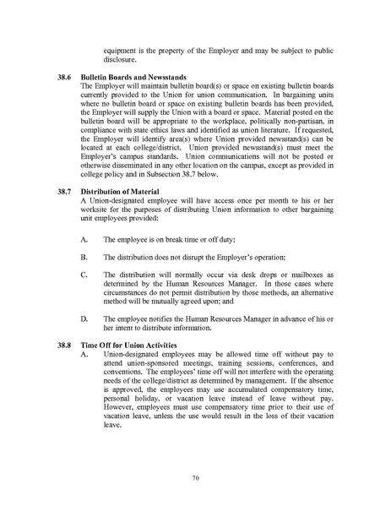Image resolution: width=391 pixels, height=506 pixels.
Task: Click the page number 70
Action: (195, 478)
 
